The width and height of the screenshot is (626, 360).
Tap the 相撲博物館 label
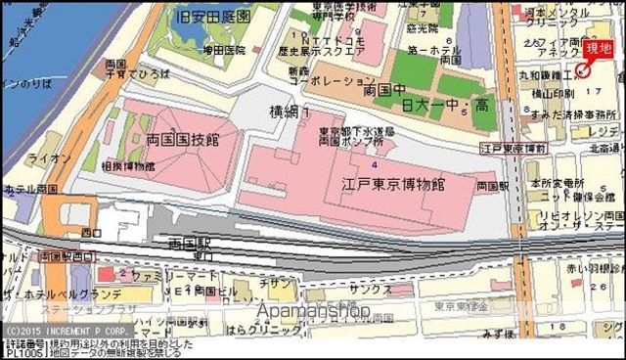(x=128, y=166)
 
